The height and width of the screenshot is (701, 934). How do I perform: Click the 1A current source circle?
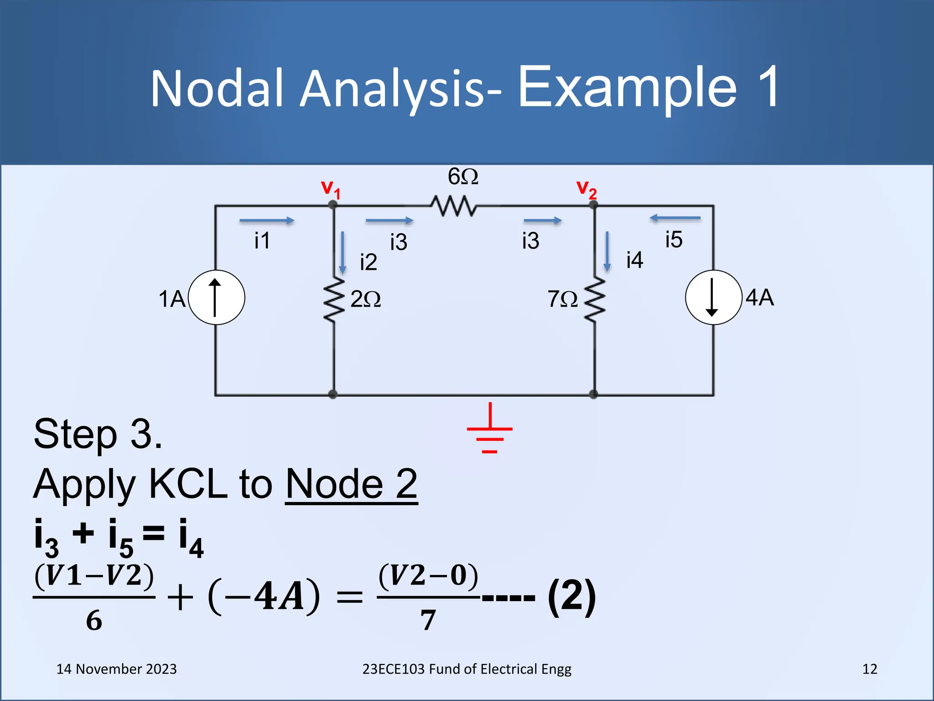[x=216, y=298]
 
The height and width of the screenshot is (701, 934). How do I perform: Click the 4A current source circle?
[x=713, y=298]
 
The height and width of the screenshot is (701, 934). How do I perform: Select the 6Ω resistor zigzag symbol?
[x=454, y=206]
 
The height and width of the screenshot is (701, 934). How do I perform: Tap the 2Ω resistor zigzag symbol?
[x=334, y=300]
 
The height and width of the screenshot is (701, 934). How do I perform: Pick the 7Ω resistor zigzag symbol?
[x=595, y=300]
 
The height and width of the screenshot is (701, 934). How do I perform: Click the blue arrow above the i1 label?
[x=267, y=221]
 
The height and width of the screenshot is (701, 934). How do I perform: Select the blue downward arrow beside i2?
[x=342, y=252]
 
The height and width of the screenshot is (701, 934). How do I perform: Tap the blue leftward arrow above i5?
[x=675, y=218]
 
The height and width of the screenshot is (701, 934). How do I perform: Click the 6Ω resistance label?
[x=463, y=177]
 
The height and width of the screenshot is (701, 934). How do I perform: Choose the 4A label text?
[x=760, y=298]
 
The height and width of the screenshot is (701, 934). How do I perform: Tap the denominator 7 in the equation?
[x=428, y=620]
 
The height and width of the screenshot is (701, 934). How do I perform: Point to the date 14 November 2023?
[x=116, y=669]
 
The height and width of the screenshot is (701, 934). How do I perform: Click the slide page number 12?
[x=870, y=669]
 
